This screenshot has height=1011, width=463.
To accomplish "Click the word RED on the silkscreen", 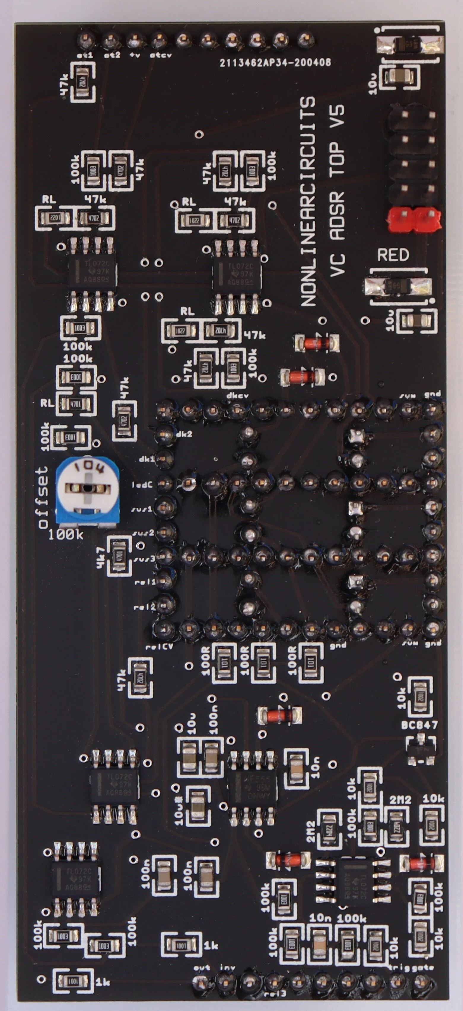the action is (393, 255).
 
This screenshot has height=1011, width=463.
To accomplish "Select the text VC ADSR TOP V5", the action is (337, 190).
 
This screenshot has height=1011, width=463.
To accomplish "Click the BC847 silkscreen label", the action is (419, 724).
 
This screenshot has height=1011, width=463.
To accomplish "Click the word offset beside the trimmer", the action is (43, 497).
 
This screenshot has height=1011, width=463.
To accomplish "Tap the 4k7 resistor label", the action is (101, 552).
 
